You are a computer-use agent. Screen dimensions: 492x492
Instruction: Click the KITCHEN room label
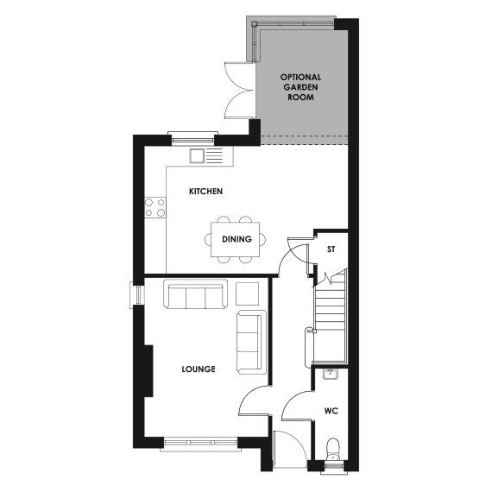206,190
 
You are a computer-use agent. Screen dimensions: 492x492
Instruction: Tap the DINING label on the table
237,239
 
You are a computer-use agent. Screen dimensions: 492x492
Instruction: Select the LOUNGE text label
199,369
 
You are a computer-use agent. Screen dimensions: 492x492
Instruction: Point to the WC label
331,411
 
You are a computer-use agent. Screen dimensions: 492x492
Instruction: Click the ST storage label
331,250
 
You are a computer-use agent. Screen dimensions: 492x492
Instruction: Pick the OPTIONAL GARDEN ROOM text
301,88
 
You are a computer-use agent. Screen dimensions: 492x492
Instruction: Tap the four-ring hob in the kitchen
155,207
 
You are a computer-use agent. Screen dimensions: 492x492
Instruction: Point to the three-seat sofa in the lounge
195,295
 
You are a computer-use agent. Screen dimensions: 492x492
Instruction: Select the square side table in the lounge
247,293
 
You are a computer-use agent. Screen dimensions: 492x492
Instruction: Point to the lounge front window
199,444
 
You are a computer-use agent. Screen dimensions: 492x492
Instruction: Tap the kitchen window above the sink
193,135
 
